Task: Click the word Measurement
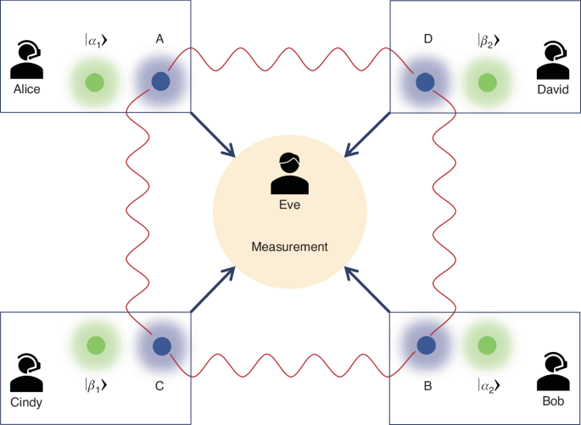coord(290,247)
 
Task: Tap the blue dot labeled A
coord(159,81)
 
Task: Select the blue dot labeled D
coord(425,81)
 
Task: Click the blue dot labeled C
coord(159,345)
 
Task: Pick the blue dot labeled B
coord(425,345)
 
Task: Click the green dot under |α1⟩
coord(94,82)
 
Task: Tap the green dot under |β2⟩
coord(486,82)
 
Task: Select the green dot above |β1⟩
coord(94,344)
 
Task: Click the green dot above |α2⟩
coord(486,344)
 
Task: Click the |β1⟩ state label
coord(94,383)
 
